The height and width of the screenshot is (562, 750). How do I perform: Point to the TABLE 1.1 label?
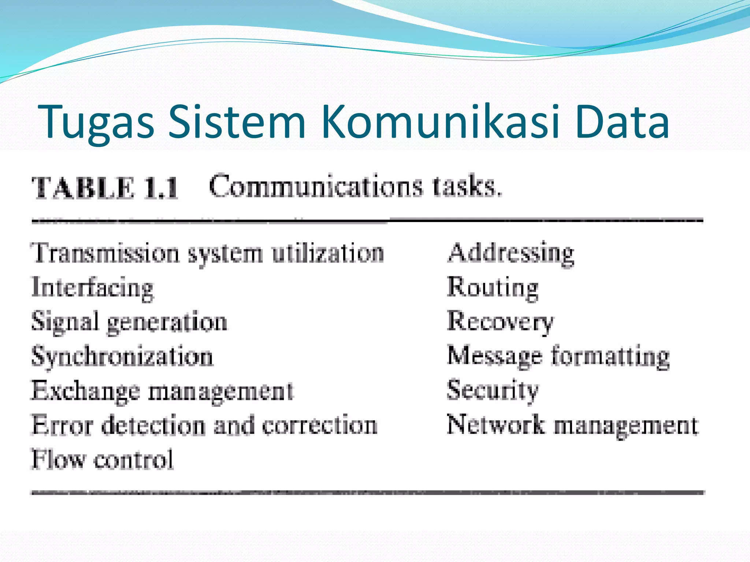coord(105,188)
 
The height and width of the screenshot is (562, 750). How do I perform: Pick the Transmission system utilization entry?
coord(207,253)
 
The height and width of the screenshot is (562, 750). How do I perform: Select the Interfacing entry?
coord(93,288)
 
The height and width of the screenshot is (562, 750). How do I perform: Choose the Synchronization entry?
coord(122,356)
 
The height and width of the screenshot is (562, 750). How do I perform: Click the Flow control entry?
coord(102,460)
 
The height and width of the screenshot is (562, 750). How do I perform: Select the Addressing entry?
coord(511,253)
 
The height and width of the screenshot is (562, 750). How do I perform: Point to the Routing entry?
coord(493,288)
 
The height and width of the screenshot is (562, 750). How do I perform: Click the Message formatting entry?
coord(558,356)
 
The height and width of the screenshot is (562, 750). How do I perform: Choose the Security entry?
coord(493,391)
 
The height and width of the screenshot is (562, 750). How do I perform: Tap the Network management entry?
coord(573,425)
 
